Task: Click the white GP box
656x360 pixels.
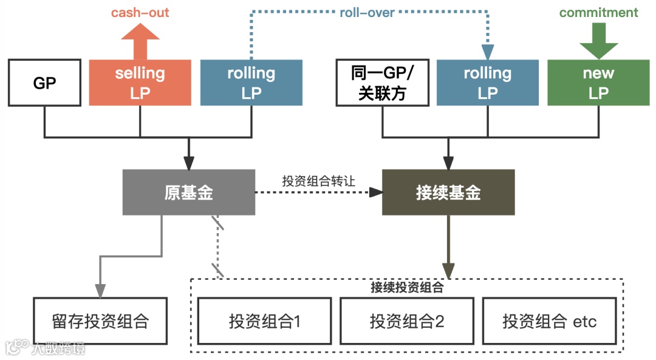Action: point(44,83)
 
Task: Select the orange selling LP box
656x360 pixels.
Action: point(140,83)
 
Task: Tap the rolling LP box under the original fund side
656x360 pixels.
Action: point(251,83)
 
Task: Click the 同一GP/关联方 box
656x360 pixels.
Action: point(382,83)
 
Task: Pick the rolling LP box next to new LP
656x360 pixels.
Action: point(488,83)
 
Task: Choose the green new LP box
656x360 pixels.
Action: point(598,83)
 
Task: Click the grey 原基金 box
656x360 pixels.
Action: point(189,192)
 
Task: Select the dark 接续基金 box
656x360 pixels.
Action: point(448,192)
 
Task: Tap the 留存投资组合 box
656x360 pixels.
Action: point(100,321)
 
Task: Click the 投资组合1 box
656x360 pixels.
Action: point(265,321)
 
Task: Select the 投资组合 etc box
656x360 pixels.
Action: point(549,321)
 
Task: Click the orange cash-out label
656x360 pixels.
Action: point(140,13)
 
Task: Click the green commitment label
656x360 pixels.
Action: point(598,13)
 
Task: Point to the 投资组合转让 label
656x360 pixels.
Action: point(318,181)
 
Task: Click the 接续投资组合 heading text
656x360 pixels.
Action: point(407,288)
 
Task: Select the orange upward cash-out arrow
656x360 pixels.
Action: point(140,41)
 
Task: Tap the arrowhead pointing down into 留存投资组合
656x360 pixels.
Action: point(100,291)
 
